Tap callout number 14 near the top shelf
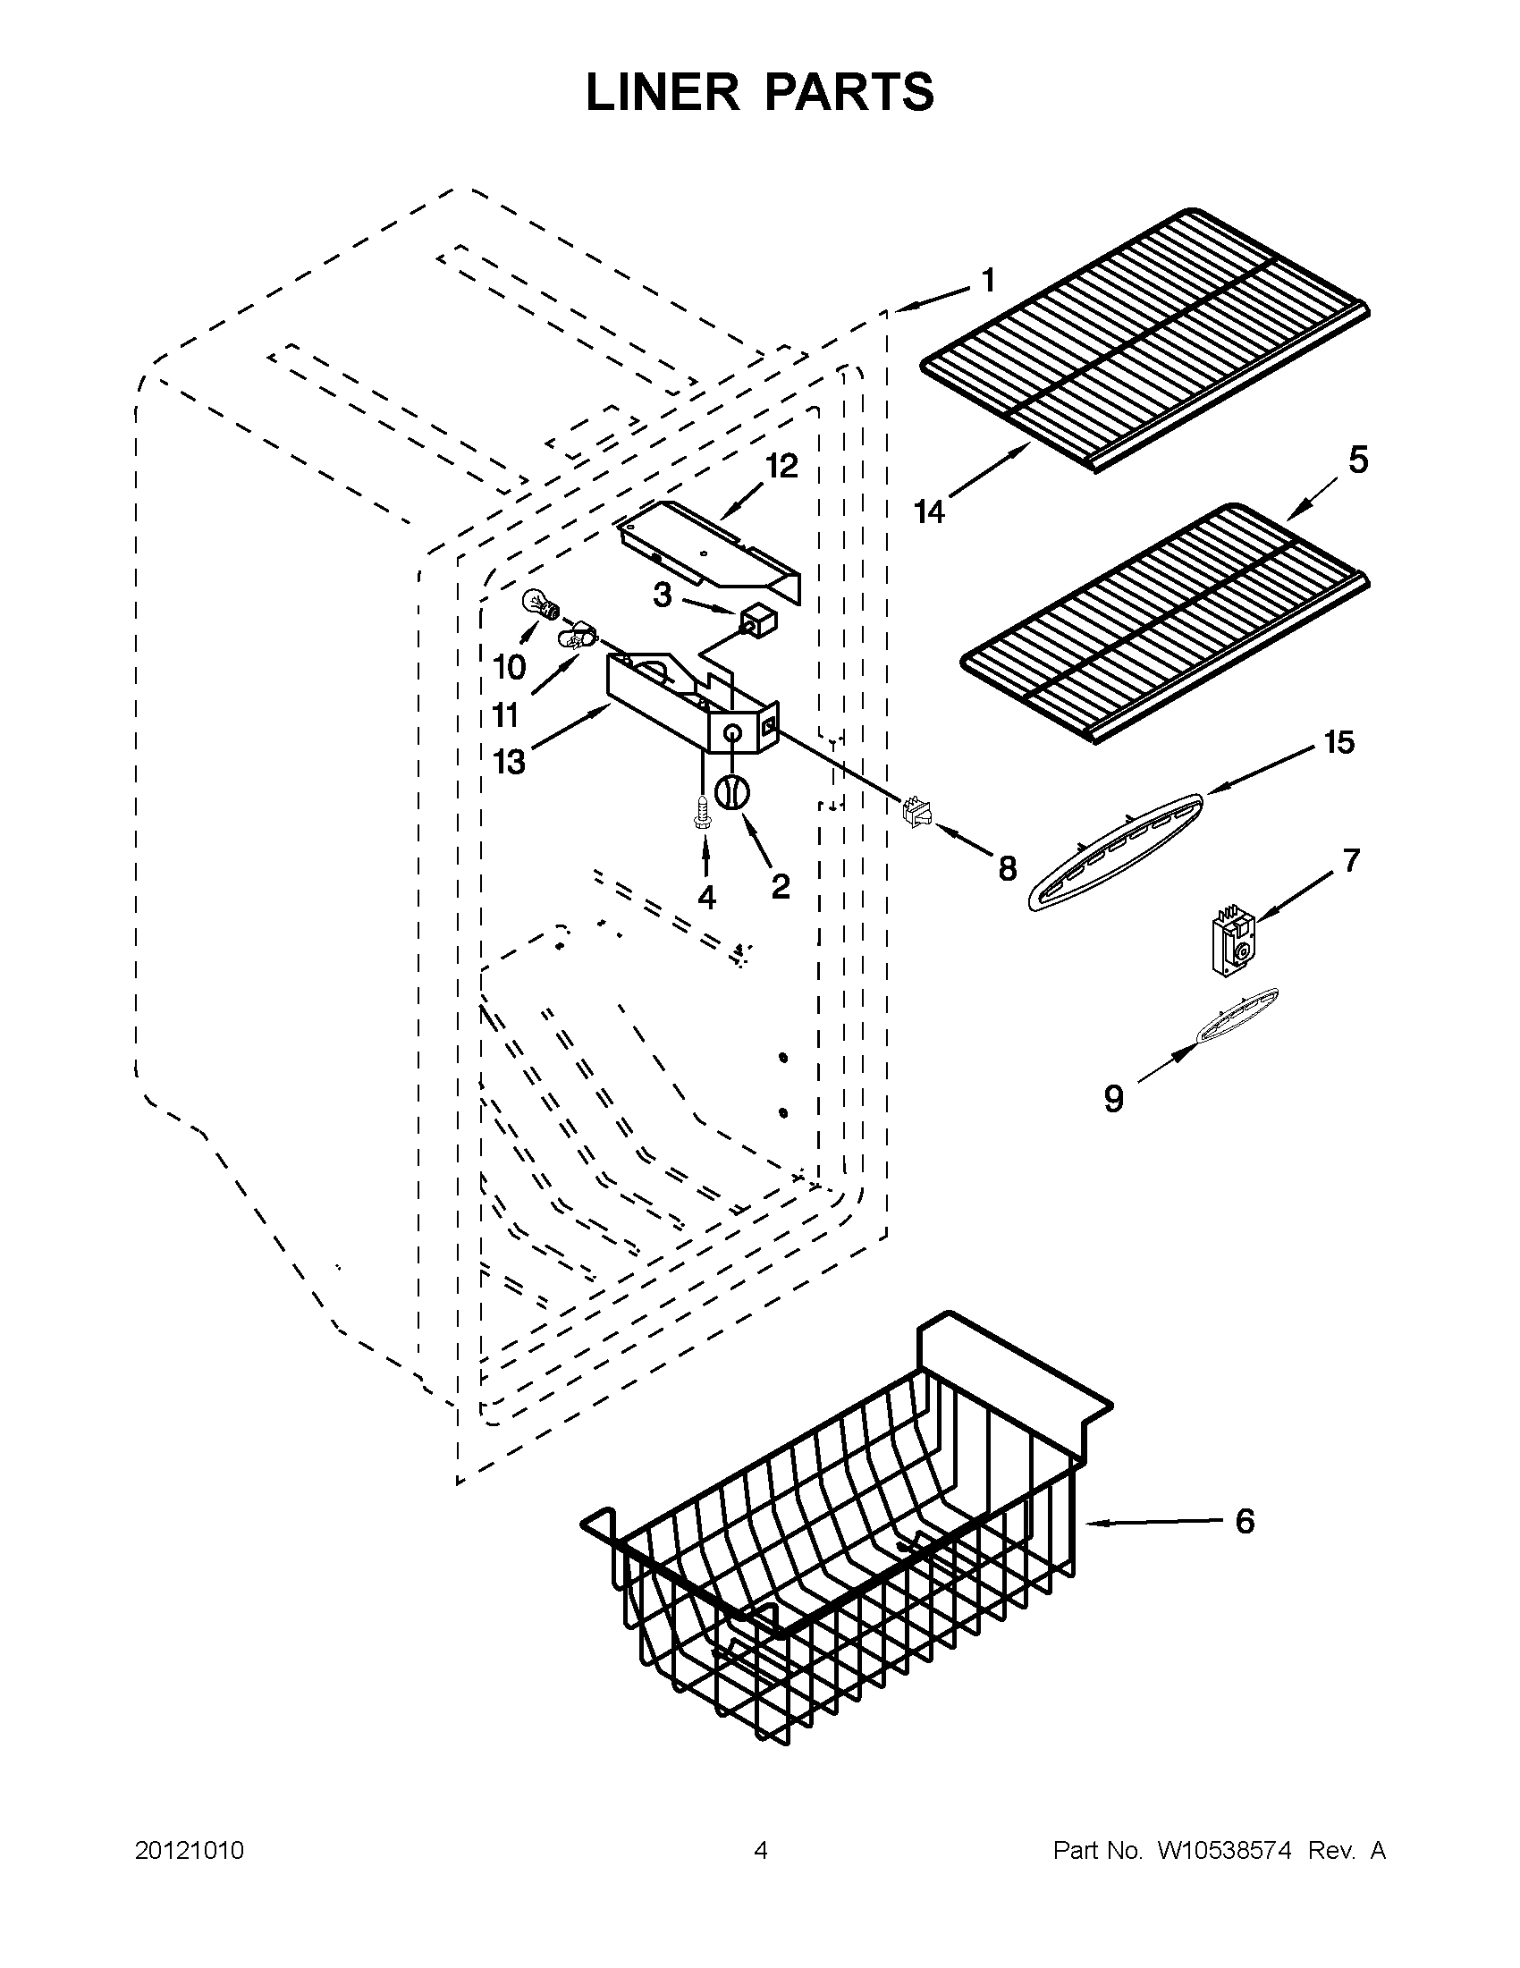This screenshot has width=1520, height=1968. [929, 511]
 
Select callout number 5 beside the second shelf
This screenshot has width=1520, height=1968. [1358, 460]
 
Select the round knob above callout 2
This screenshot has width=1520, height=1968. [732, 792]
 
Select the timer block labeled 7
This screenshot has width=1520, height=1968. [1234, 942]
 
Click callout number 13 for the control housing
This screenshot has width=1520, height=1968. [509, 763]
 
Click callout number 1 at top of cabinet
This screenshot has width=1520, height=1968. [987, 281]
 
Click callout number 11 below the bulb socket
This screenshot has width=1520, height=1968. [505, 715]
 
